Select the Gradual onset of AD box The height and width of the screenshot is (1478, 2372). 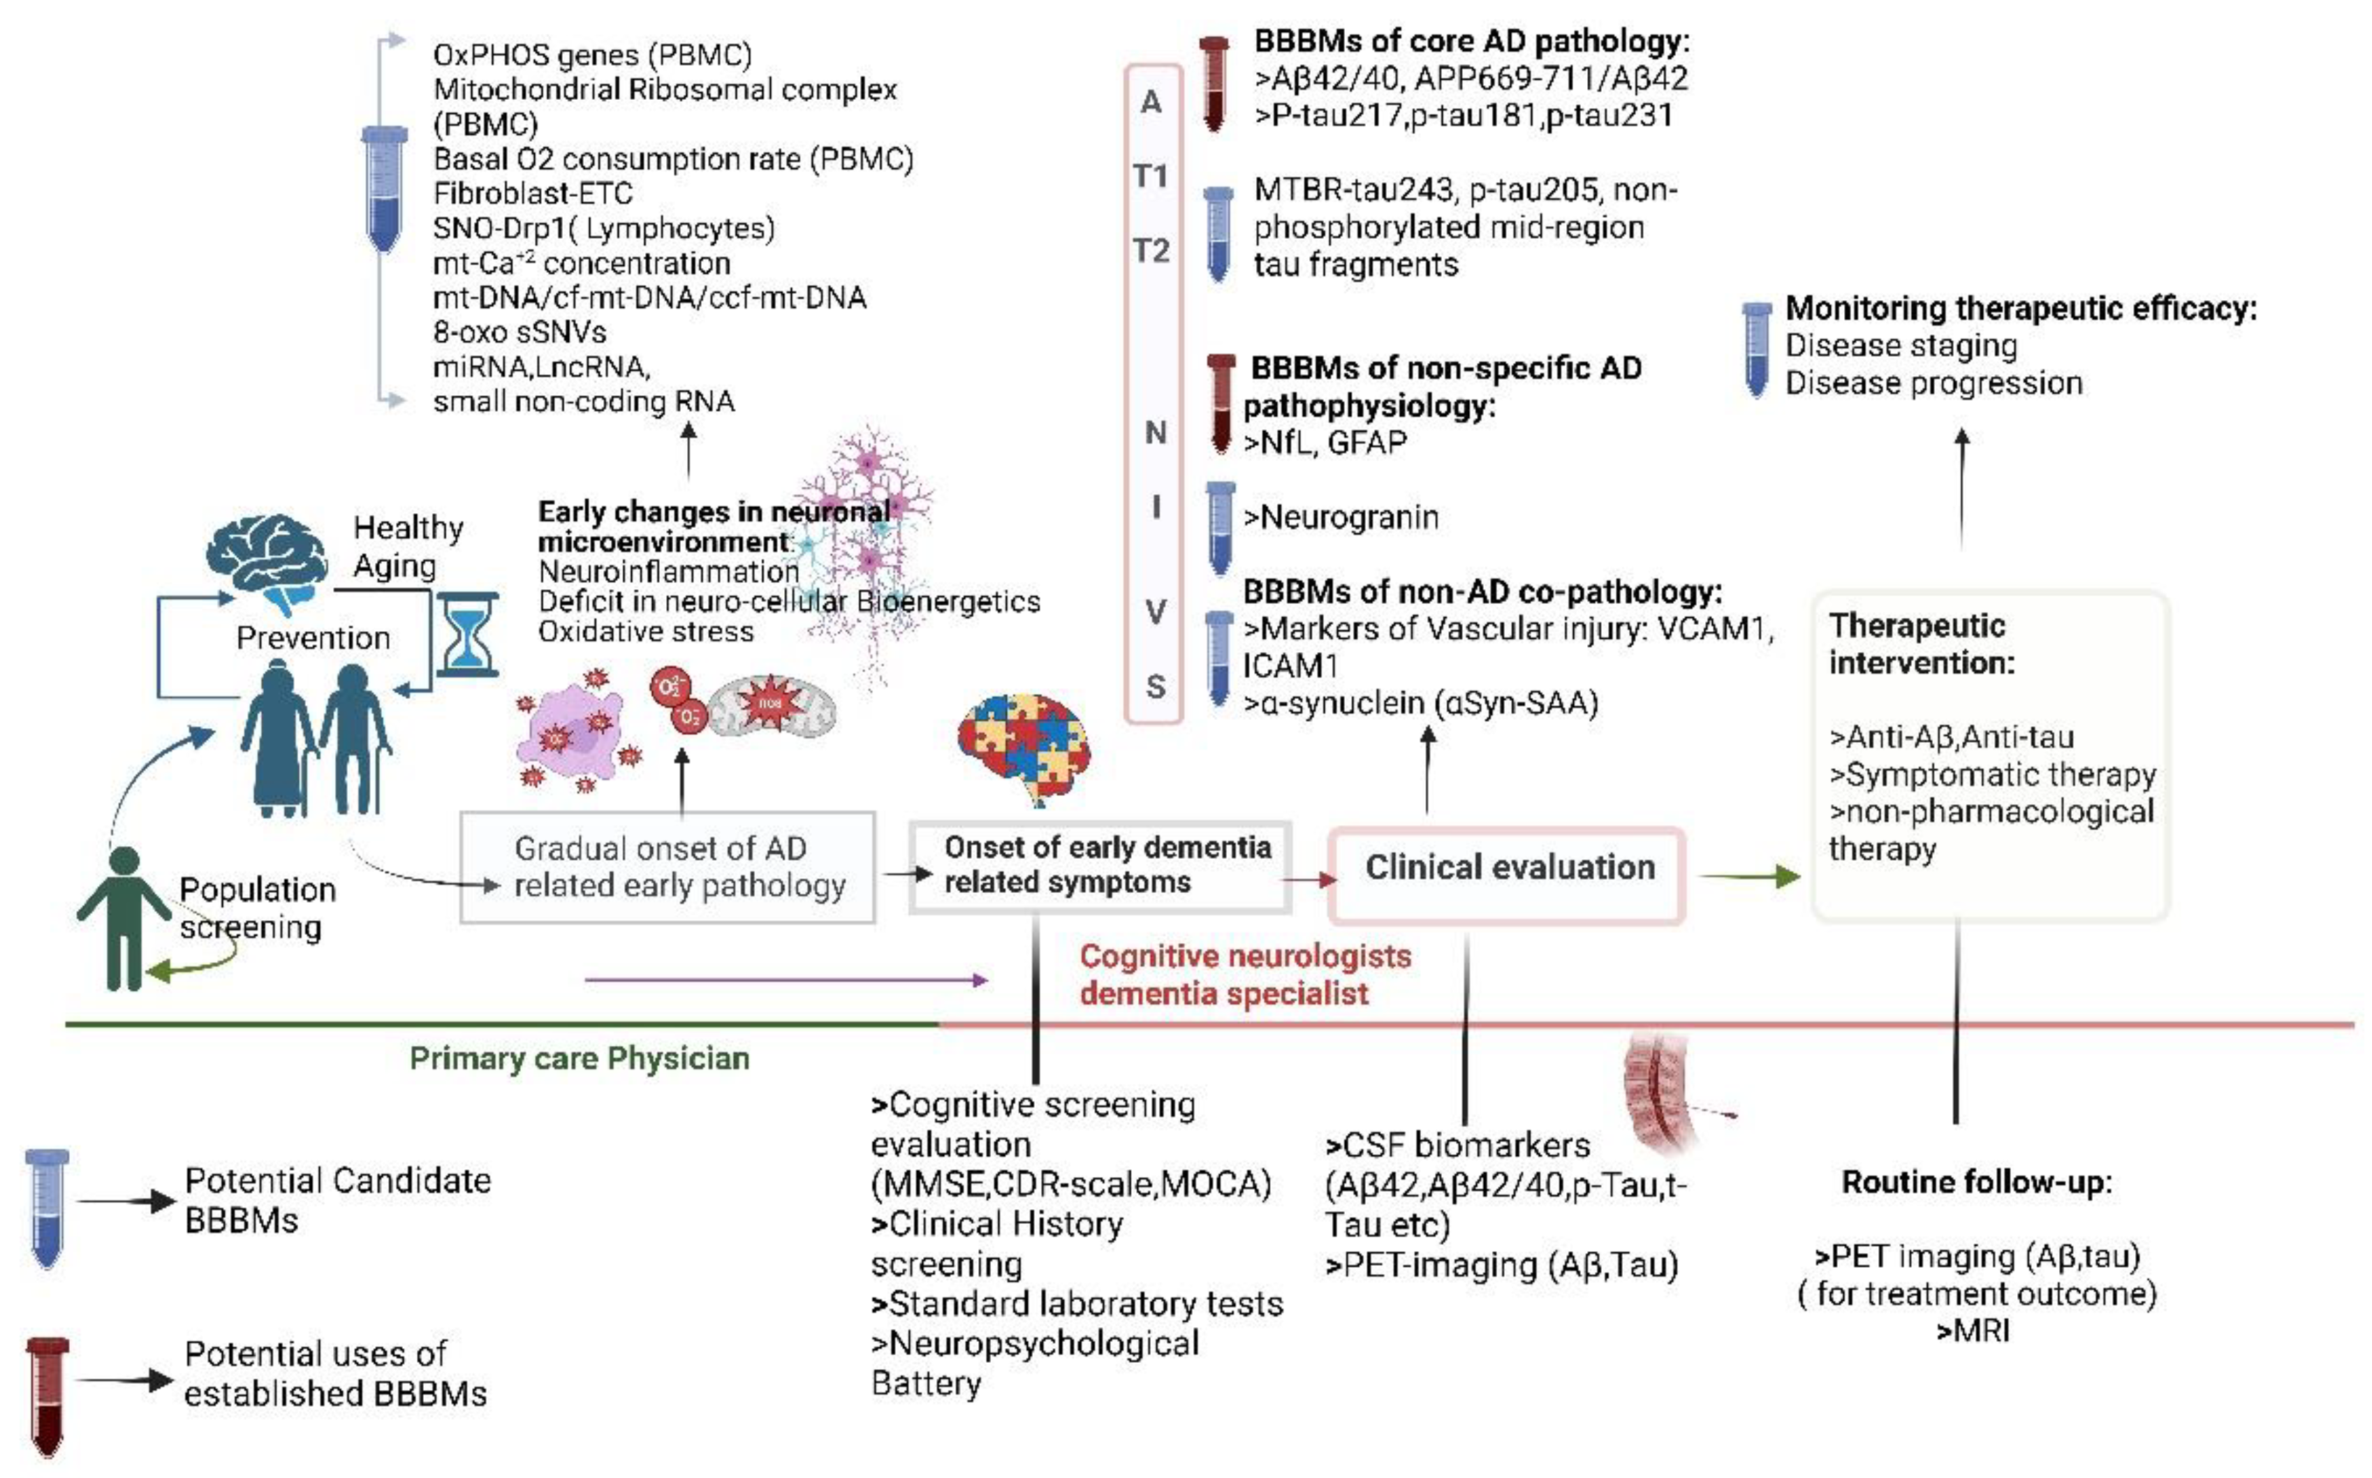tap(668, 867)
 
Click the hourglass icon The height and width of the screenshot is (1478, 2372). tap(467, 635)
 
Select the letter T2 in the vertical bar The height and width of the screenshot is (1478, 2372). tap(1151, 251)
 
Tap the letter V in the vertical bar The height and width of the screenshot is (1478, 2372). tap(1155, 612)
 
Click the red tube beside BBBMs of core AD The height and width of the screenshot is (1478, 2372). tap(1214, 83)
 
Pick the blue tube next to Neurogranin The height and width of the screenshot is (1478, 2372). tap(1220, 528)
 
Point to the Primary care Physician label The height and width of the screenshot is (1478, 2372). tap(579, 1058)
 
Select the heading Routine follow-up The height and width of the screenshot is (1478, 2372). tap(1976, 1183)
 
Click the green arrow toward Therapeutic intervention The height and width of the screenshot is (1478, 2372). tap(1749, 876)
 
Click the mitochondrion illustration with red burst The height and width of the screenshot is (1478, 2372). tap(771, 702)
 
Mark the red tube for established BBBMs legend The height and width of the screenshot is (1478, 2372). tap(47, 1395)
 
